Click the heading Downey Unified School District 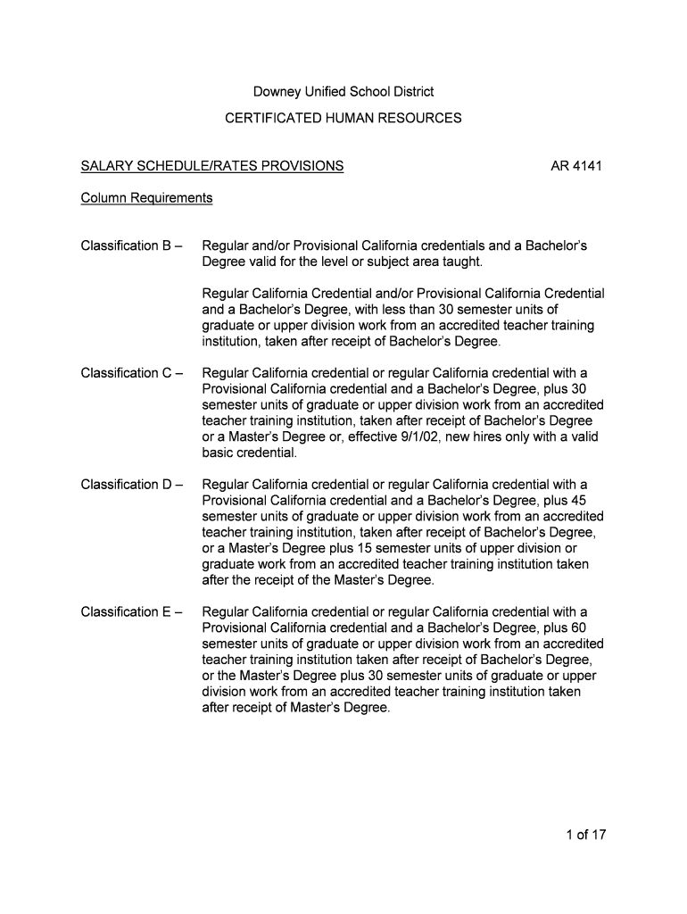343,92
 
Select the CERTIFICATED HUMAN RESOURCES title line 343,118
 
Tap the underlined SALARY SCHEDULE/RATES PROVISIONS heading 212,166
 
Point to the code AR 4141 577,166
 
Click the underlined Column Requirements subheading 146,198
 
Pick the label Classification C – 132,373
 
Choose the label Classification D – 132,485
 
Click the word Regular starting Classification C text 227,373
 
